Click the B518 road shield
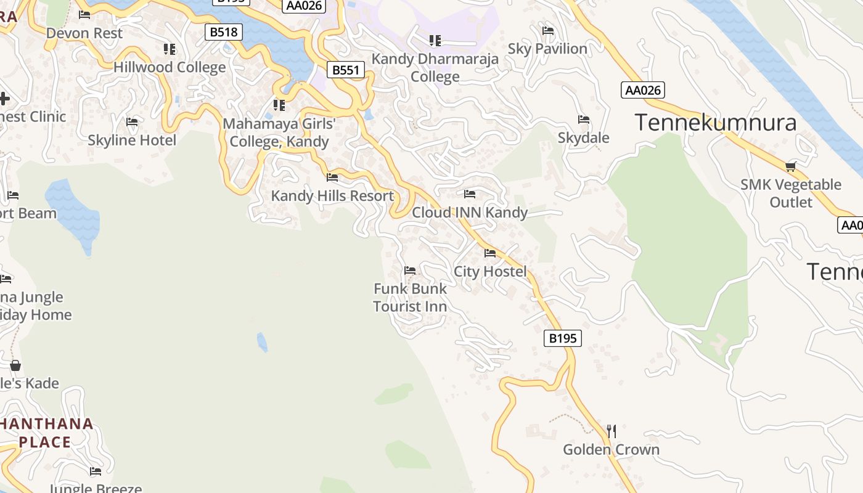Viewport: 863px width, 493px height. (223, 32)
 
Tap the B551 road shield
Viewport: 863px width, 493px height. (345, 70)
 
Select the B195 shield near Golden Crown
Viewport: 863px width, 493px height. (563, 338)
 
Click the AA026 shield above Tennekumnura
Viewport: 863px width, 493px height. (643, 91)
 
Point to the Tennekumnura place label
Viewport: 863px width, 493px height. (715, 123)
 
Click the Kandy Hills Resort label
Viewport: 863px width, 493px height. (332, 196)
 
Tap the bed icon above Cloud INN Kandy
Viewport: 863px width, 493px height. (470, 194)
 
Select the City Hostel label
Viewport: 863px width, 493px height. (490, 271)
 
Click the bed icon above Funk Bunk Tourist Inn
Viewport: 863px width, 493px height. (410, 270)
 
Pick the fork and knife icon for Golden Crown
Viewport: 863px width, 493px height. (611, 431)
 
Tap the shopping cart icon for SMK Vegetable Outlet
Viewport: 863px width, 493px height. (791, 166)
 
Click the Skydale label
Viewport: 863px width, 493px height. (583, 137)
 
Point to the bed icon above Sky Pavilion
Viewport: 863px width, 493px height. (547, 31)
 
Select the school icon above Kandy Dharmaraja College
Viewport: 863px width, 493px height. (435, 41)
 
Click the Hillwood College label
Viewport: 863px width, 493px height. (170, 67)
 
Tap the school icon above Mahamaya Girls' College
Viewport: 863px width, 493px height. (279, 105)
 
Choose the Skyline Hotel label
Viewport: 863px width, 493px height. (132, 140)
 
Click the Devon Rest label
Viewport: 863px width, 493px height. (84, 33)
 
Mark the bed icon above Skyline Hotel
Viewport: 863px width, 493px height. (132, 122)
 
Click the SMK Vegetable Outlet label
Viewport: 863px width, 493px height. (791, 194)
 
